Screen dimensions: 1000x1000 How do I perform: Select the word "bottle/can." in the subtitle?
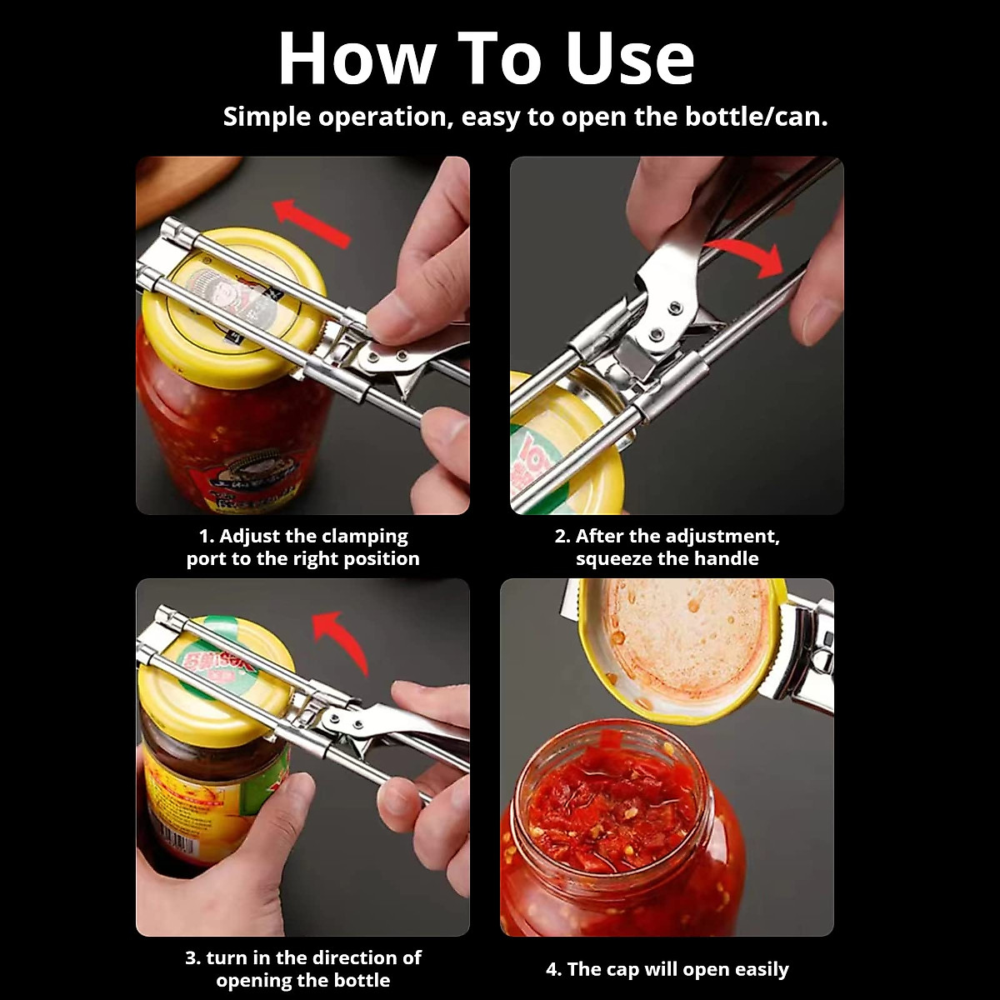tap(756, 117)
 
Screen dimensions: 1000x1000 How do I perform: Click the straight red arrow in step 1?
tap(312, 222)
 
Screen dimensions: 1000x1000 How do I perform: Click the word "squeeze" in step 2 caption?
tap(613, 558)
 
